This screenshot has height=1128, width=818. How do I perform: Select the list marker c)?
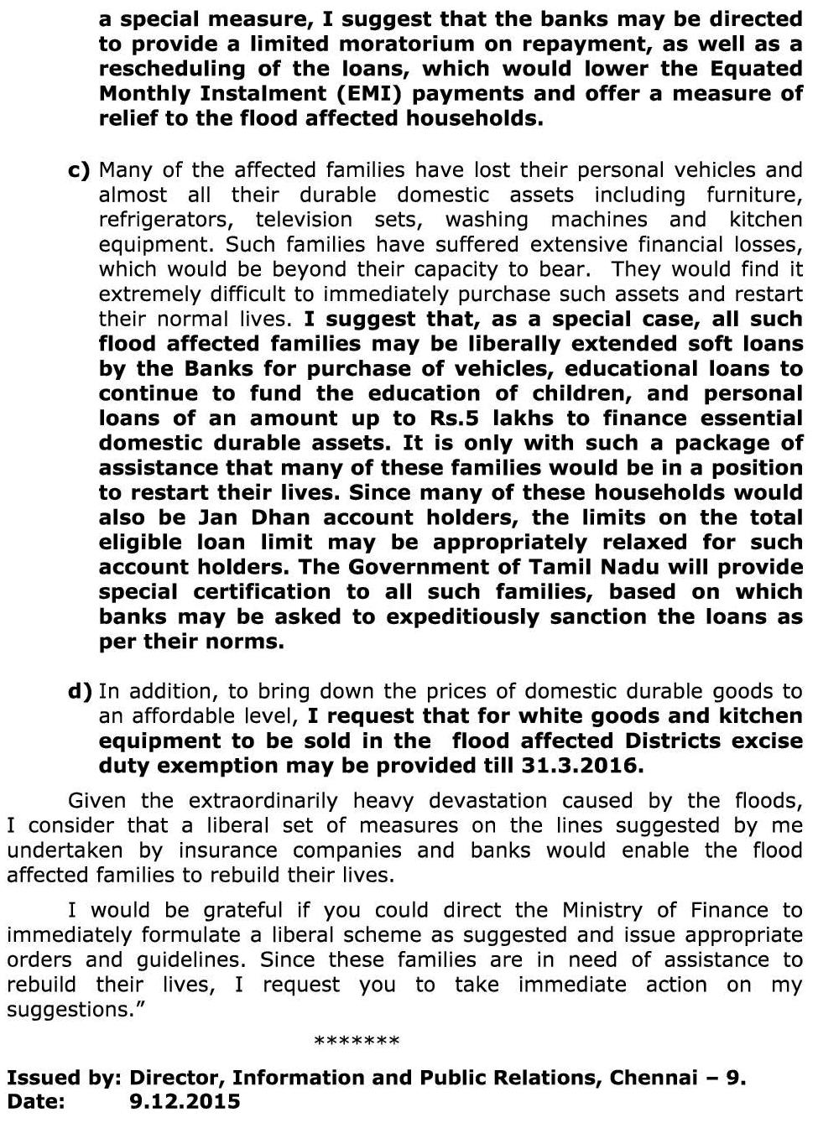point(79,170)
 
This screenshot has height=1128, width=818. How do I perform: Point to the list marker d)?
point(80,691)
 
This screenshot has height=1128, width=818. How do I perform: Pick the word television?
point(305,220)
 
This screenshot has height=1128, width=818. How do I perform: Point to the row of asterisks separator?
point(357,1042)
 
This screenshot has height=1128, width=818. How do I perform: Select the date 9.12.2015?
point(185,1102)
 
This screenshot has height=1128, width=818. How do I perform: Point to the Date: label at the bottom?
point(35,1102)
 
